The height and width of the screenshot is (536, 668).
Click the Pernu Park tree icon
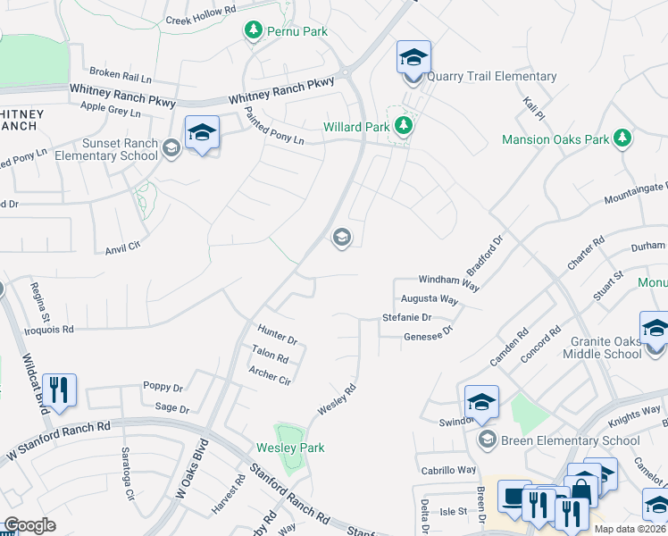(254, 31)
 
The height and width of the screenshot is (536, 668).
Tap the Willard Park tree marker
(404, 126)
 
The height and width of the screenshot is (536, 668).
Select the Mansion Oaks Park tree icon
(622, 138)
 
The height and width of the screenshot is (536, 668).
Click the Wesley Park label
(290, 448)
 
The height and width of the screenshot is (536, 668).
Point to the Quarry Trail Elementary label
(491, 77)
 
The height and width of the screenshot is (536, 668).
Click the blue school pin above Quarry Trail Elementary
(413, 58)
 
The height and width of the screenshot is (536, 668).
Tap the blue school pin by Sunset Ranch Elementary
(203, 134)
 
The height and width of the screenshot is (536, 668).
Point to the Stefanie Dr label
(406, 317)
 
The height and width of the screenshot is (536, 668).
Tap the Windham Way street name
(449, 281)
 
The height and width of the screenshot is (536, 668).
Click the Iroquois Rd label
(74, 329)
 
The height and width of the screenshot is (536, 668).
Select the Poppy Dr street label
(163, 388)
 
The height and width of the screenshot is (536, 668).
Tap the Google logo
(29, 525)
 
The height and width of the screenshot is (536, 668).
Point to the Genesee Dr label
(429, 331)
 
